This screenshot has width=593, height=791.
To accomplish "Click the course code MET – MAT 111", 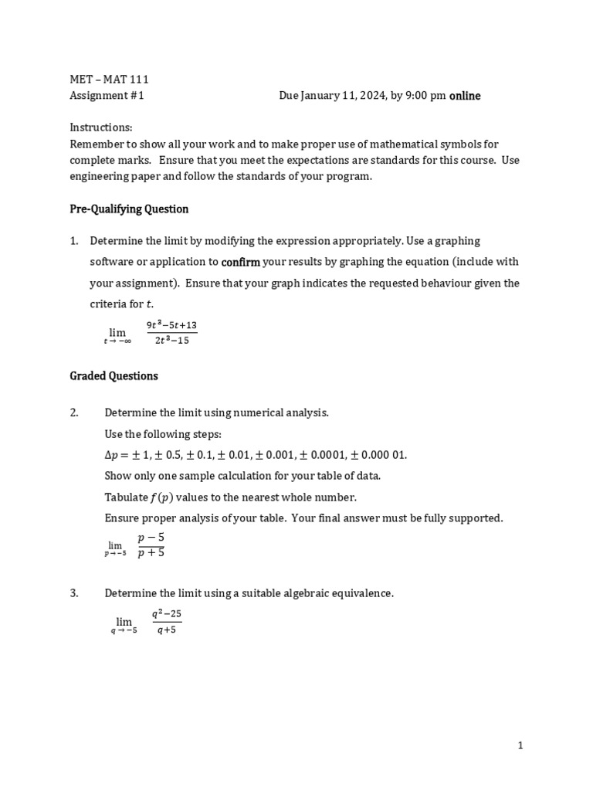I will click(x=109, y=80).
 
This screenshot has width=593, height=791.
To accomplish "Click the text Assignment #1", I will click(x=107, y=96).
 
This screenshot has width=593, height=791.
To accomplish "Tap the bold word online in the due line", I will click(x=465, y=96).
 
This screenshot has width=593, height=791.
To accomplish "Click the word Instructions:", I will click(x=101, y=127).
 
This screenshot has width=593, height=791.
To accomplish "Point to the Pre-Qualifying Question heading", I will click(x=129, y=209).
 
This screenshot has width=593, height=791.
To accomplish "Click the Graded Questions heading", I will click(x=114, y=376).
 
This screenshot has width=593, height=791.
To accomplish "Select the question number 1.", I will click(x=74, y=241).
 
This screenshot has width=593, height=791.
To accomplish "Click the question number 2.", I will click(x=74, y=412).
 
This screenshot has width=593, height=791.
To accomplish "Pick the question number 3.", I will click(x=74, y=593).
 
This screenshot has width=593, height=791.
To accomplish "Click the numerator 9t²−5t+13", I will click(x=171, y=325).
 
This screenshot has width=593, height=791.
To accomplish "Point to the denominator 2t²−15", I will click(x=171, y=341).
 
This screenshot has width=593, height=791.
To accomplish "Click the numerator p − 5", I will click(x=151, y=537).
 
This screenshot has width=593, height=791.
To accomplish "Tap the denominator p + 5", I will click(x=151, y=552).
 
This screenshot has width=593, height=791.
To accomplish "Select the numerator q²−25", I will click(x=166, y=614).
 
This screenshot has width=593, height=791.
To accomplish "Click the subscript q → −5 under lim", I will click(x=124, y=631).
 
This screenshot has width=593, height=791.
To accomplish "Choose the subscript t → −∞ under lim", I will click(x=117, y=341).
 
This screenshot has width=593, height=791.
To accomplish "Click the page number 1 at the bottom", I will click(x=520, y=745).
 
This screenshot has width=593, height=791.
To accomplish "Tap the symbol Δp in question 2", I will click(x=113, y=455).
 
